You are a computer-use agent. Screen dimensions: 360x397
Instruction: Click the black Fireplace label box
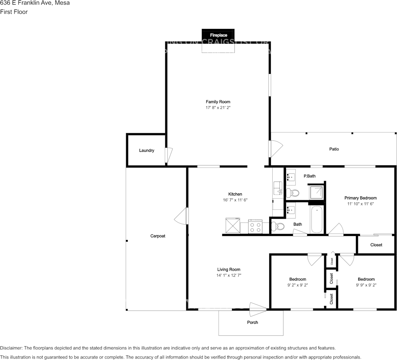click(218, 35)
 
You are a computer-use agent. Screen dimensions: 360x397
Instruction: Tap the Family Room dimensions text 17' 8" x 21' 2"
click(218, 108)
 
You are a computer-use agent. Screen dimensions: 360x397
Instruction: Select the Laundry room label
click(146, 151)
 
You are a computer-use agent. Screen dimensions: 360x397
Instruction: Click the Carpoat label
click(157, 236)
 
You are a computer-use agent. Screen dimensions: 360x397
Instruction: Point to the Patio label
click(334, 149)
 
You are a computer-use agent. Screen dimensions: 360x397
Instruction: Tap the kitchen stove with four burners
click(255, 227)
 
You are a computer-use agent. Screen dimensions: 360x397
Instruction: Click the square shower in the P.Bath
click(316, 192)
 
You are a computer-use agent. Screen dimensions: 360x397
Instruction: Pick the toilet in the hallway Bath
click(278, 227)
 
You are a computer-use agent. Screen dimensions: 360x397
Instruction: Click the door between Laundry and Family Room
click(168, 155)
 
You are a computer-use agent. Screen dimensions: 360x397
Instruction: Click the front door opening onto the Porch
click(257, 309)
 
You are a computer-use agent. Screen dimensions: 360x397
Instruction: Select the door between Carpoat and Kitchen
click(182, 217)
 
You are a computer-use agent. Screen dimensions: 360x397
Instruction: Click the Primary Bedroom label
click(360, 198)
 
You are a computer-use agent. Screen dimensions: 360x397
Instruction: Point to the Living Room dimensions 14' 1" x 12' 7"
click(229, 275)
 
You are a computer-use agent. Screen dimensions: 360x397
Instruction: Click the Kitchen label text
click(235, 194)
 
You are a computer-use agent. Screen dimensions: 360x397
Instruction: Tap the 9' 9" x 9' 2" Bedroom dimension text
click(366, 285)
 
